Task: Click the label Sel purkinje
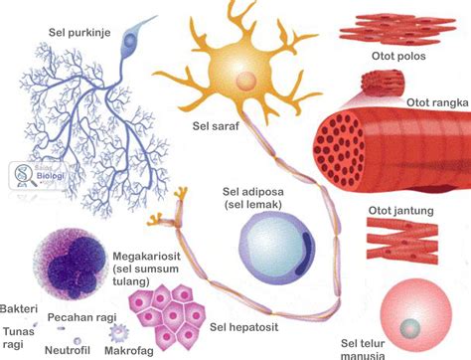pos(79,31)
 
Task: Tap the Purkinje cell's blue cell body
pos(130,41)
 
